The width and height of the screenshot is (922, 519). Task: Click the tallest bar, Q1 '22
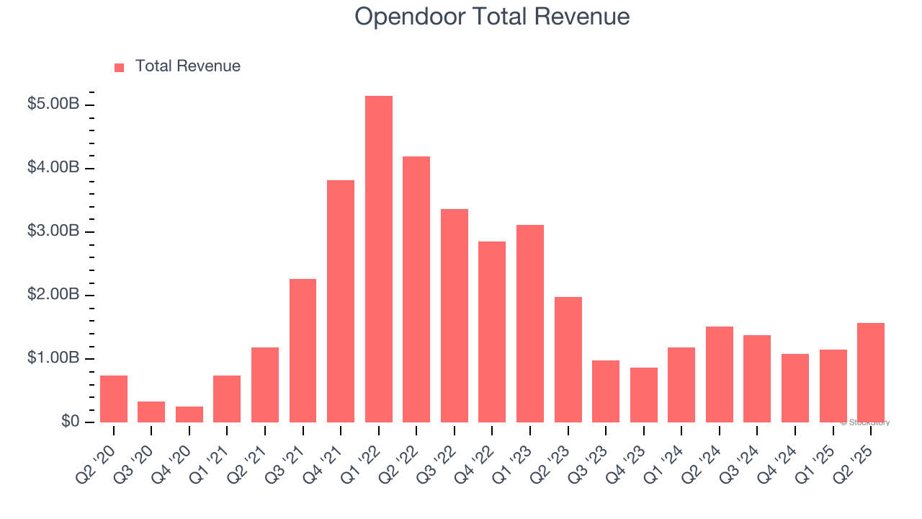click(379, 259)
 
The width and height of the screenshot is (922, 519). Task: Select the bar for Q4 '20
click(189, 414)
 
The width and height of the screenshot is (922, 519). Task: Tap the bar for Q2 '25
click(871, 373)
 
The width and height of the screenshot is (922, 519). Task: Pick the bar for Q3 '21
click(303, 351)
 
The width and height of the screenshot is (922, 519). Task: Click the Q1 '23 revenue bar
click(530, 324)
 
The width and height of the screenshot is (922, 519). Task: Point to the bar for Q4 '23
click(644, 395)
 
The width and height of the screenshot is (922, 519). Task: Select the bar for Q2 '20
click(114, 399)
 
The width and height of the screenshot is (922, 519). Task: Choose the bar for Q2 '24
click(720, 375)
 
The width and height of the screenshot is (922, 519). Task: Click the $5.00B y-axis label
click(53, 105)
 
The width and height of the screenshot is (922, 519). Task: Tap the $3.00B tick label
click(53, 231)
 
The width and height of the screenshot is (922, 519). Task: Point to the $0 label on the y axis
click(68, 422)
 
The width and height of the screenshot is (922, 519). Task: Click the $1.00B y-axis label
click(53, 358)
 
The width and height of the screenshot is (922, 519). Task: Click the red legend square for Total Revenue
click(120, 68)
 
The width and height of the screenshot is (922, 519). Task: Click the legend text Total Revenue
click(187, 66)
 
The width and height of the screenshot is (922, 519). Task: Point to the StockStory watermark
click(864, 422)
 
